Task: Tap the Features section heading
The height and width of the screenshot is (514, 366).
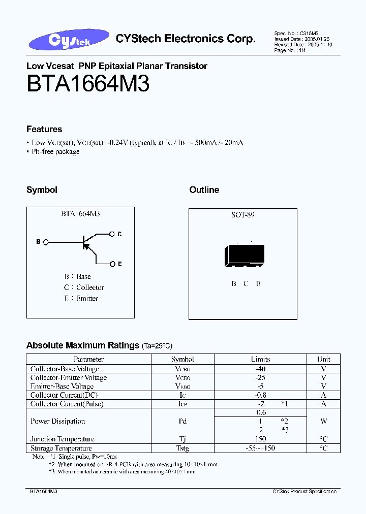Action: (x=44, y=130)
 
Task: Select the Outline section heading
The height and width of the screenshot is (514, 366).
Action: (x=204, y=190)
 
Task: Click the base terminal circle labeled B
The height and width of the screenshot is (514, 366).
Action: (x=47, y=242)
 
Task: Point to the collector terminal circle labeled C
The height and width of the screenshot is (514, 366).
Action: (x=112, y=234)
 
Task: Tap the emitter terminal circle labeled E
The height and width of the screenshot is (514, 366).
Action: (x=112, y=264)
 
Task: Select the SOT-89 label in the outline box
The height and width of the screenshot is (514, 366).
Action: (x=242, y=215)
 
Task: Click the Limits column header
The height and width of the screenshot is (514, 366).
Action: (x=260, y=359)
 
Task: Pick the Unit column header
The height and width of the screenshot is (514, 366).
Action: (x=323, y=359)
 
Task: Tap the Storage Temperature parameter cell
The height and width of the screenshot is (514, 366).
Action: (x=61, y=448)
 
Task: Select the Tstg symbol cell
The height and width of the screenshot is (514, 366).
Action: (x=182, y=448)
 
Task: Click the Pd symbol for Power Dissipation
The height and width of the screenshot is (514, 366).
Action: (x=182, y=421)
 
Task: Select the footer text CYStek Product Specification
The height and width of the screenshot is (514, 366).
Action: (x=304, y=492)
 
